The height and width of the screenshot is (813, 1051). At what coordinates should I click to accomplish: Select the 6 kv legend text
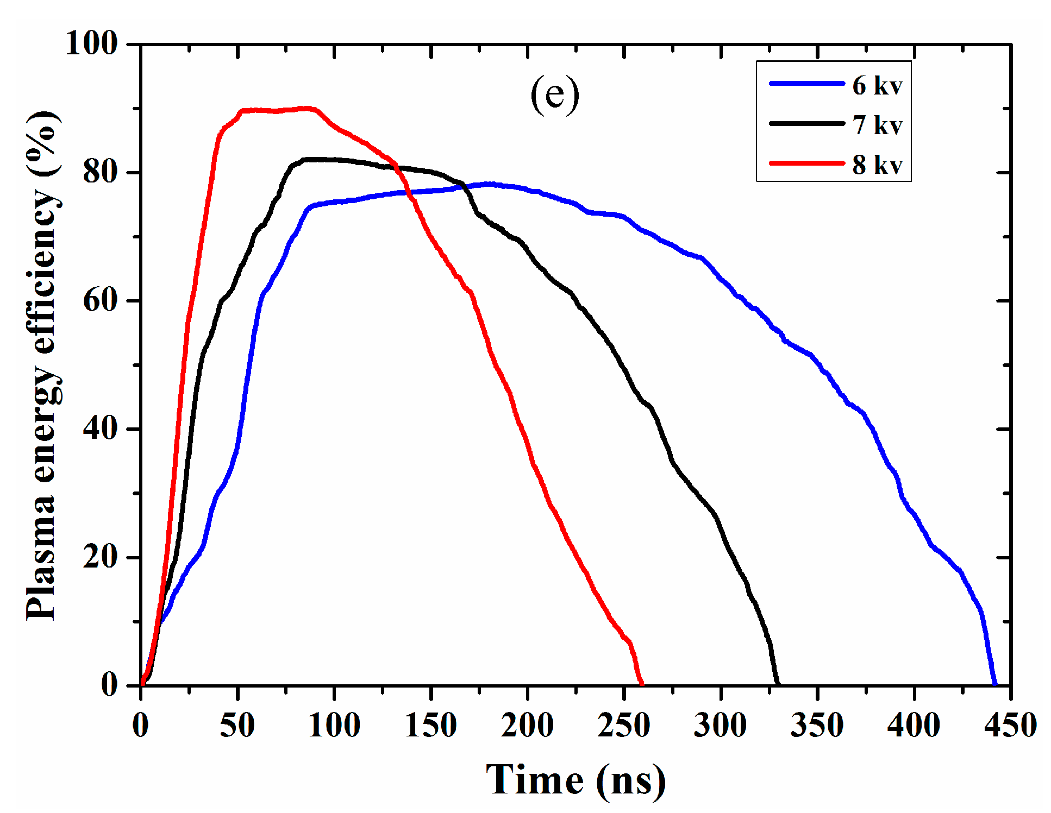pyautogui.click(x=877, y=86)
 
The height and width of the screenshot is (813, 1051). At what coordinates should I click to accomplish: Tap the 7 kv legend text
pyautogui.click(x=877, y=125)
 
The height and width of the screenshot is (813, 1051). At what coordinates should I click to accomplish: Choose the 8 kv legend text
pyautogui.click(x=877, y=165)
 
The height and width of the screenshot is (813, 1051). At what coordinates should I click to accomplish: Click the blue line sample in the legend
pyautogui.click(x=806, y=83)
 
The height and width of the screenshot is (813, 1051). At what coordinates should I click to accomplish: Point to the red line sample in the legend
pyautogui.click(x=806, y=162)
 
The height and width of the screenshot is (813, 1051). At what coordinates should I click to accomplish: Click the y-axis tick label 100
pyautogui.click(x=91, y=43)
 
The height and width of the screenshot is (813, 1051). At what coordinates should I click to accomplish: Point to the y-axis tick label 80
pyautogui.click(x=101, y=172)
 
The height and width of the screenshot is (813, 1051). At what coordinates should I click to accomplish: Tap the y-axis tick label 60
pyautogui.click(x=101, y=300)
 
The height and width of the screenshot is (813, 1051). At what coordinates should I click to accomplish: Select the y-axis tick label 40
pyautogui.click(x=101, y=429)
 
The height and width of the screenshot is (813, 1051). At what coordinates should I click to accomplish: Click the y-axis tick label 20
pyautogui.click(x=101, y=557)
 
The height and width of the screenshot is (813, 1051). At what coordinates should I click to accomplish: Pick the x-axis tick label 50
pyautogui.click(x=237, y=725)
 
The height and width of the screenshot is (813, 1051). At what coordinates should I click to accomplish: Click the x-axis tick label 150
pyautogui.click(x=430, y=725)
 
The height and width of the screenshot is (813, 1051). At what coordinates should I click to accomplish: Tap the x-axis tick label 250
pyautogui.click(x=624, y=725)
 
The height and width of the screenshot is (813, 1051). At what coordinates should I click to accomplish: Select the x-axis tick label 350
pyautogui.click(x=817, y=725)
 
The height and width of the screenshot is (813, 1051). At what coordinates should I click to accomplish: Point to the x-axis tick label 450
pyautogui.click(x=1010, y=725)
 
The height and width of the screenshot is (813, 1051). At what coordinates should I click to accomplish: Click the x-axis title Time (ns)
pyautogui.click(x=575, y=780)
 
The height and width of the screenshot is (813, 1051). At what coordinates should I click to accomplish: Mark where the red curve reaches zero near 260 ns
pyautogui.click(x=642, y=684)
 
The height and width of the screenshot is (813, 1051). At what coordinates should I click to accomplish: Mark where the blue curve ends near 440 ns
pyautogui.click(x=995, y=684)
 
